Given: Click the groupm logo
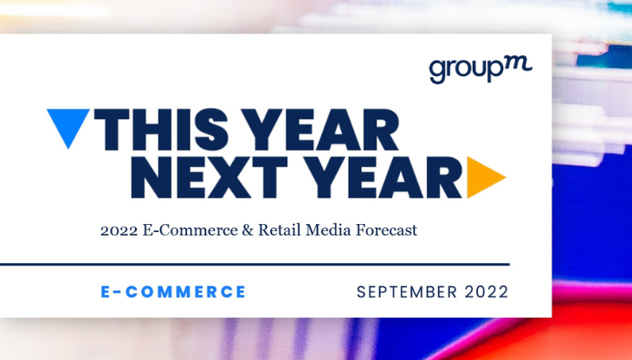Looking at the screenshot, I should pyautogui.click(x=480, y=68).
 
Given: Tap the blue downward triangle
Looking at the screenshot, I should pyautogui.click(x=66, y=125).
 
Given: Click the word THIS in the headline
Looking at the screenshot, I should pyautogui.click(x=160, y=132).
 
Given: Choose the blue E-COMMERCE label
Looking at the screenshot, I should pyautogui.click(x=173, y=292).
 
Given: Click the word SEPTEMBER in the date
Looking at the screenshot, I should pyautogui.click(x=405, y=292).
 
